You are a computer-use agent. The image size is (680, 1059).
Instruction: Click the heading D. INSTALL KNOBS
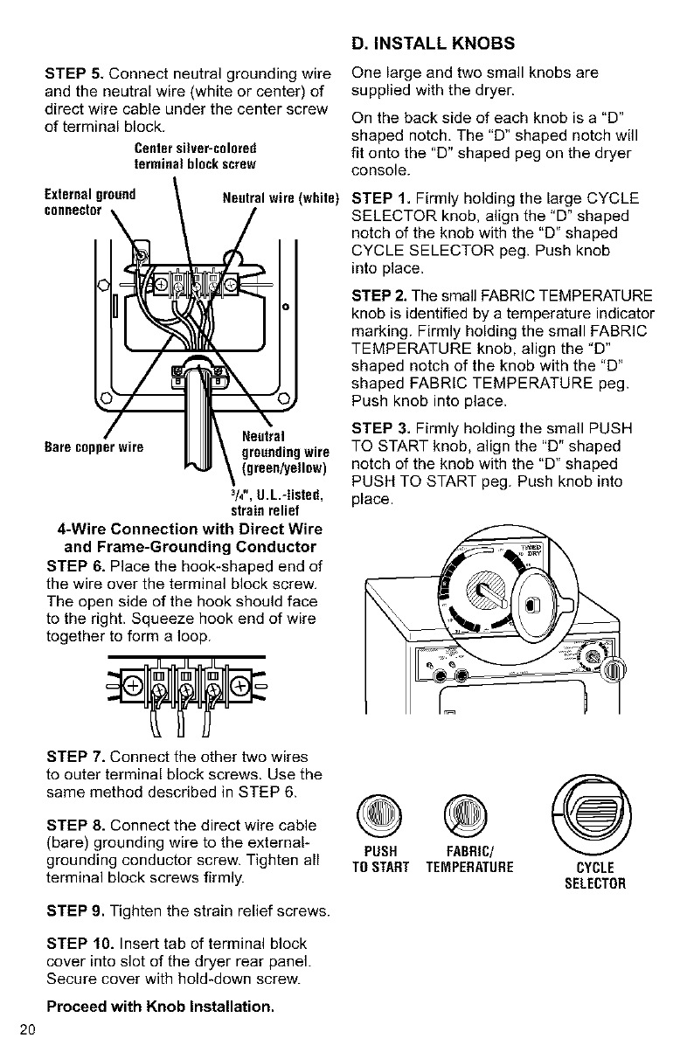tap(433, 43)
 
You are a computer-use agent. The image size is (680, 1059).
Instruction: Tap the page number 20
tap(24, 1028)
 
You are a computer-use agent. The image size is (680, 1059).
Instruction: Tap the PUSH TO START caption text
tap(380, 858)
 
